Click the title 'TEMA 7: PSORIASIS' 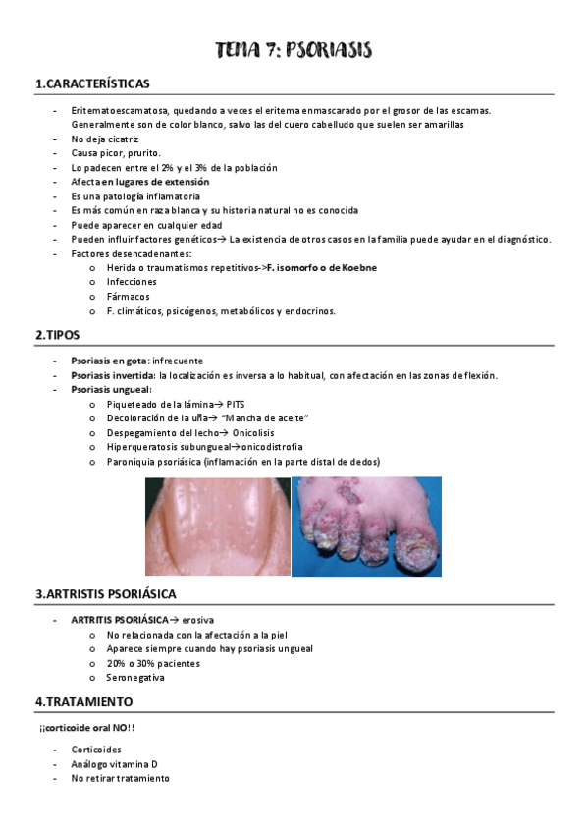[x=294, y=50]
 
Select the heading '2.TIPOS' [x=58, y=335]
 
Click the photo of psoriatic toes [x=366, y=526]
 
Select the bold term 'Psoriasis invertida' [x=113, y=375]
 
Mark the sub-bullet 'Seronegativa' [x=135, y=678]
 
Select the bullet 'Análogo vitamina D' [x=115, y=763]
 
